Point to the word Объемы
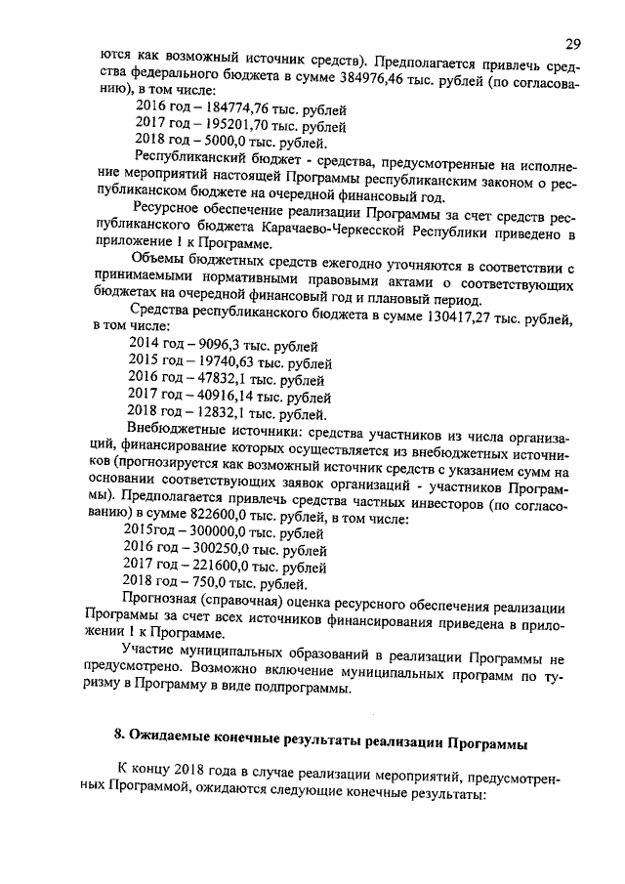(160, 261)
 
